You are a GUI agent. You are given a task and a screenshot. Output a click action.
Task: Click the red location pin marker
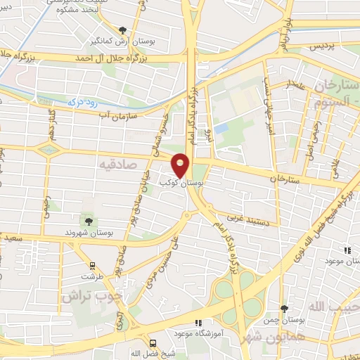(181, 166)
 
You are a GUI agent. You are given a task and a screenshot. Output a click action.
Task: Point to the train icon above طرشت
(91, 266)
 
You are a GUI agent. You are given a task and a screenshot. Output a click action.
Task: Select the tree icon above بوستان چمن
(284, 309)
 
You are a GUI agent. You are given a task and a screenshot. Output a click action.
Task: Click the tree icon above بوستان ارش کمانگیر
(124, 30)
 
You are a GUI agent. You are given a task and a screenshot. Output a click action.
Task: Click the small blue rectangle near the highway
(222, 129)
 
